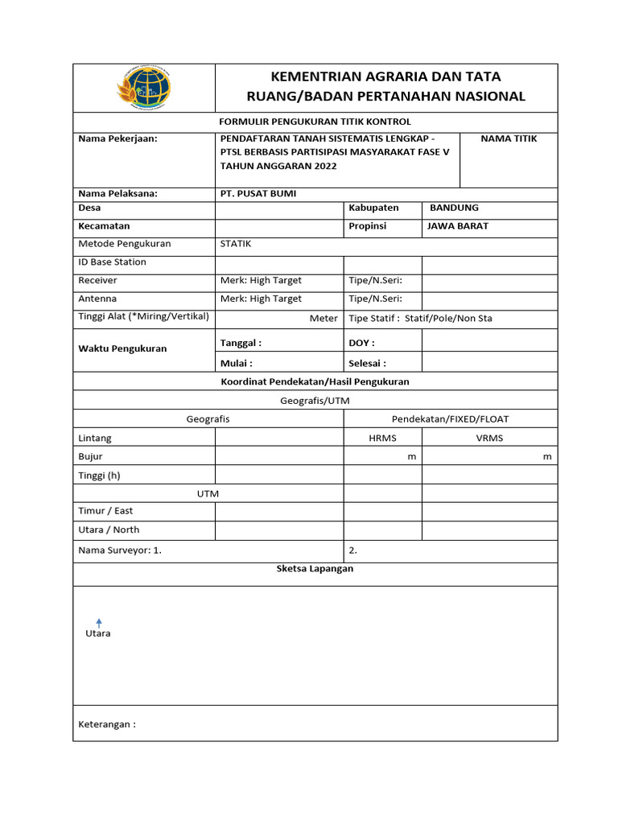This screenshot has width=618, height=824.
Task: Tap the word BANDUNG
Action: click(454, 208)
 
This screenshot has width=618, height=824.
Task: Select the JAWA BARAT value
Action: click(457, 226)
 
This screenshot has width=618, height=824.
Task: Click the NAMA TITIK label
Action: click(509, 139)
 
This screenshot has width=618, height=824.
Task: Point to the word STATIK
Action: click(236, 244)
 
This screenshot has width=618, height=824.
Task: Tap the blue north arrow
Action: click(99, 622)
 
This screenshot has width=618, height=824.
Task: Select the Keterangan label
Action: click(107, 724)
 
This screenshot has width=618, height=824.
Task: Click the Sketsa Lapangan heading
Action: click(315, 569)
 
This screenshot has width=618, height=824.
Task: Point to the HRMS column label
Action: click(382, 439)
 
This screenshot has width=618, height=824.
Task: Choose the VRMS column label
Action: click(489, 439)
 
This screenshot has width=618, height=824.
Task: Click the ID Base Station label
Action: click(112, 262)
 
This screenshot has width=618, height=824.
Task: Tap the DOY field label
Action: click(361, 344)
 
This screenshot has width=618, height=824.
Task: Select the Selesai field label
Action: click(367, 364)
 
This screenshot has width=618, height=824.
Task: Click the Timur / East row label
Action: click(105, 511)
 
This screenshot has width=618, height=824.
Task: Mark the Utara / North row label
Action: click(109, 530)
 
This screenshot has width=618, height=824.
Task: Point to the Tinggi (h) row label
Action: click(99, 476)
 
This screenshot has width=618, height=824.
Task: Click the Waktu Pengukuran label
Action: click(122, 349)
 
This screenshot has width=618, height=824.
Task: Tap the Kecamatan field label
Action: click(104, 226)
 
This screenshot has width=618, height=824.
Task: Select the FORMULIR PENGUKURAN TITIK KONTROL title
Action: click(315, 122)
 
